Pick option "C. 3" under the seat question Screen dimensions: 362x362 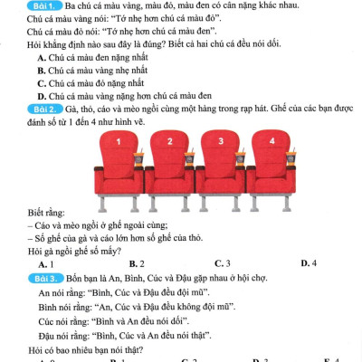pyautogui.click(x=222, y=263)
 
